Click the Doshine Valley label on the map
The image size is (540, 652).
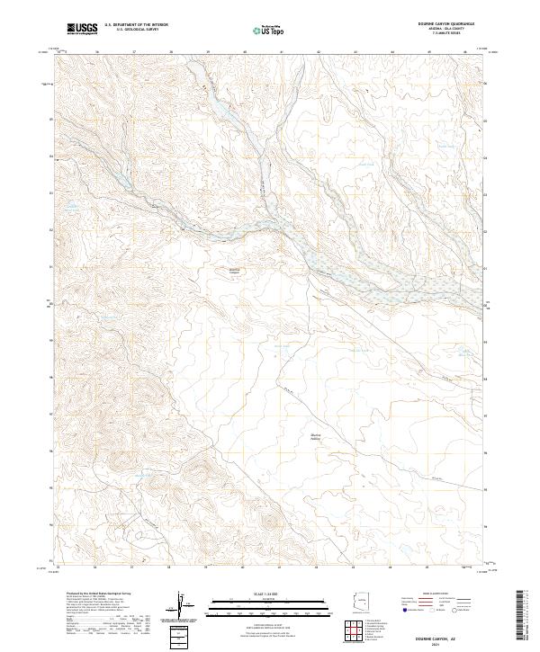pos(316,436)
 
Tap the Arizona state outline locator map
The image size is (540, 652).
pos(360,603)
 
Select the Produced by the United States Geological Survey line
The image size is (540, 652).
pos(99,594)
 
